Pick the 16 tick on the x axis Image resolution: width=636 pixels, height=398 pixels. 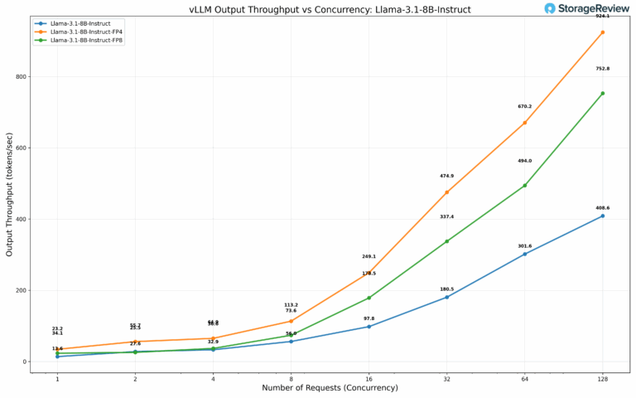[369, 378]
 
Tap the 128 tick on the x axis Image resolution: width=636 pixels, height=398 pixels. [602, 378]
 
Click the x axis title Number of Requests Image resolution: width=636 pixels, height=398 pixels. [330, 388]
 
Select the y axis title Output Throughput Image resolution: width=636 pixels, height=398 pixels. [9, 196]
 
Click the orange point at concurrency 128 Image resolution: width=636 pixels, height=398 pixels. [602, 32]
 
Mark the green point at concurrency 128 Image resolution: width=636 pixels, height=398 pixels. [602, 93]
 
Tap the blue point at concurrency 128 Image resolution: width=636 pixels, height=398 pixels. [602, 216]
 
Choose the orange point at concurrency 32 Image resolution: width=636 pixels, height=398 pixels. [446, 192]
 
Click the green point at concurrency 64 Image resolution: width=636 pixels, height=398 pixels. [524, 185]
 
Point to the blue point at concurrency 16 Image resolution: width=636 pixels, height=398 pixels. [369, 327]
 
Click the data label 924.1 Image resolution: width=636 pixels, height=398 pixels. [602, 16]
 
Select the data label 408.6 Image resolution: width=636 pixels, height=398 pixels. [602, 208]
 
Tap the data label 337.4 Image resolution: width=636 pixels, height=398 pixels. [446, 216]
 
